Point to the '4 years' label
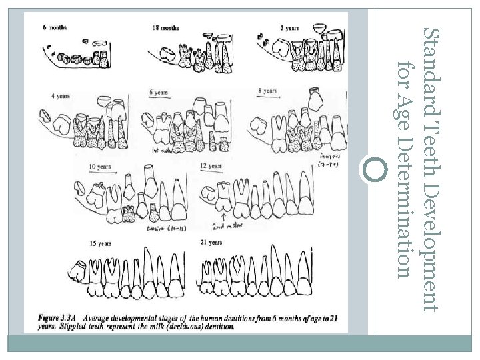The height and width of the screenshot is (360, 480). point(61,96)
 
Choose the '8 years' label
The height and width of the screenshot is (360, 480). point(266,90)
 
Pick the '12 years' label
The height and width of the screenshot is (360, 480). point(211,165)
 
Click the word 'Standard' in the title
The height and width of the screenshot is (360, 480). point(432,57)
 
